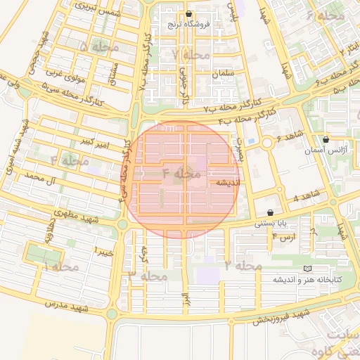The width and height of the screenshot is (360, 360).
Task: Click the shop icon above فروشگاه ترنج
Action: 188,14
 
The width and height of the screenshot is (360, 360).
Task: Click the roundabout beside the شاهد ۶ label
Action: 267,143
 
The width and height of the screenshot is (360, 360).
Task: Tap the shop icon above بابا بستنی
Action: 270,212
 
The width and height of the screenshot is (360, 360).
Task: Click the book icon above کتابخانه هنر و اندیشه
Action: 306,269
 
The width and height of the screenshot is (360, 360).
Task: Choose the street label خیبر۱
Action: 103,252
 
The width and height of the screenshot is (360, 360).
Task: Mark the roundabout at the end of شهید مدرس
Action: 111,314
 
